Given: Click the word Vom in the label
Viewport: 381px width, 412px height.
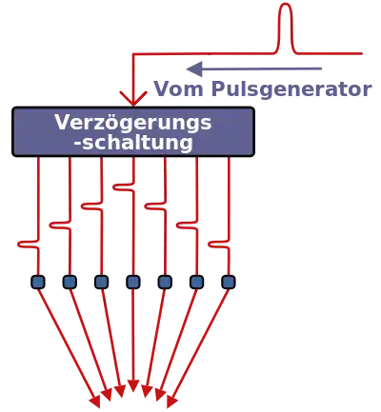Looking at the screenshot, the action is [178, 88].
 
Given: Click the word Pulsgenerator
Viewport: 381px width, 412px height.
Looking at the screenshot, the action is [291, 90].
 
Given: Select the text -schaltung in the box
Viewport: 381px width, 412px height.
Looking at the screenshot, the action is [133, 143].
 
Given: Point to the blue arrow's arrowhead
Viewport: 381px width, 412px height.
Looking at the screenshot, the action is [194, 69].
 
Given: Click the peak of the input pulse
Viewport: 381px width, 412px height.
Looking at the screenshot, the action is [286, 5].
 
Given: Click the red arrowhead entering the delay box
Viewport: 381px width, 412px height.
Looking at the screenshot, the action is [133, 99].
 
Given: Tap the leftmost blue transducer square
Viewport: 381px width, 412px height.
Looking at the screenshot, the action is [38, 282].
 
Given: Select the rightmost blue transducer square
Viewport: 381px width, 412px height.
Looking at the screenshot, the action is [229, 282].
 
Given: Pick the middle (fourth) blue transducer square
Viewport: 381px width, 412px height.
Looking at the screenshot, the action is [133, 282].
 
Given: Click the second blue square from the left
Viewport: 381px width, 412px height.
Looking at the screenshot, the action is [70, 282].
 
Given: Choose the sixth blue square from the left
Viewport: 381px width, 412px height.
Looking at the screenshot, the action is [197, 282].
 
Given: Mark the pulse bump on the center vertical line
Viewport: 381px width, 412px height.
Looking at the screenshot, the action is [123, 187].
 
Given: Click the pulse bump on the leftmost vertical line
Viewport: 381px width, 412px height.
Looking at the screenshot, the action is [28, 245].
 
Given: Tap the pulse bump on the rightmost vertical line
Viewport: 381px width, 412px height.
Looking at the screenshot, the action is [218, 245].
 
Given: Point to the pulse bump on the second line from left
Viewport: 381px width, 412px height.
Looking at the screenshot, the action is [60, 226].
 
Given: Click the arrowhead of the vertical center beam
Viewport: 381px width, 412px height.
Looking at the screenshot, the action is [133, 385].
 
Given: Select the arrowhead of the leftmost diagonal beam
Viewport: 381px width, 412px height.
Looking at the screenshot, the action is [95, 402].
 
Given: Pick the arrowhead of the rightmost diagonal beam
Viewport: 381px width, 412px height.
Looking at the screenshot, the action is [171, 402].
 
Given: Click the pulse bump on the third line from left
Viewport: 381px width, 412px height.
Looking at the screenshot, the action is [91, 206].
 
